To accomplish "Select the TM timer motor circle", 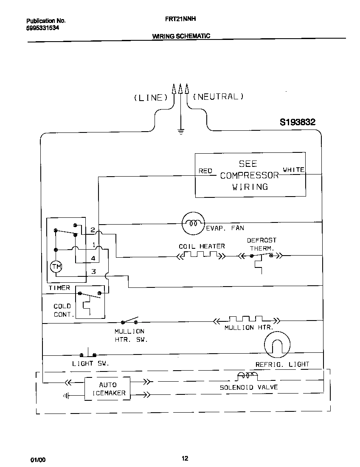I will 56,267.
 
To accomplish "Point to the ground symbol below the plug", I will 181,132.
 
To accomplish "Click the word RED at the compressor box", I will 205,171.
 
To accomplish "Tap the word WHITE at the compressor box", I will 294,170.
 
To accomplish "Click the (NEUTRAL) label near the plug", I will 218,96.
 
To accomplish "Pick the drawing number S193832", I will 297,122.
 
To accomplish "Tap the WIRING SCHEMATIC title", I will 181,36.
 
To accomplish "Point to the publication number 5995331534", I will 42,28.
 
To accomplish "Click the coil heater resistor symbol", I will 200,256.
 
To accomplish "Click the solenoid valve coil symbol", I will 247,375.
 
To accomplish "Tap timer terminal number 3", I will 93,272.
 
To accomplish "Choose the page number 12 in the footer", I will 185,458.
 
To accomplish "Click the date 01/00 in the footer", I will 38,460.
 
